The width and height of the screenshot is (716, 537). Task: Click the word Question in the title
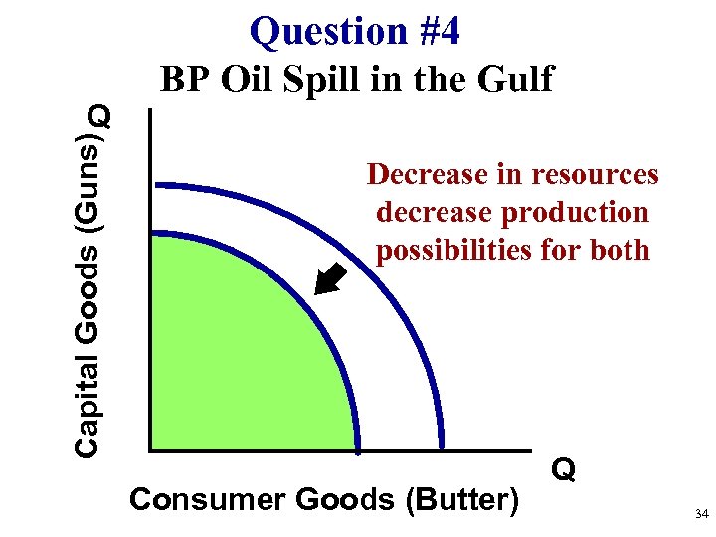pos(313,32)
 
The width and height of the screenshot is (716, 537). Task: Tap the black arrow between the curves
pos(329,279)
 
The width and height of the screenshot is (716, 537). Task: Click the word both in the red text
pos(617,251)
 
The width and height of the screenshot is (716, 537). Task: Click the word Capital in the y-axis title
pos(88,407)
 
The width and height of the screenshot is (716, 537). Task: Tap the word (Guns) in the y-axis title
pos(89,176)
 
